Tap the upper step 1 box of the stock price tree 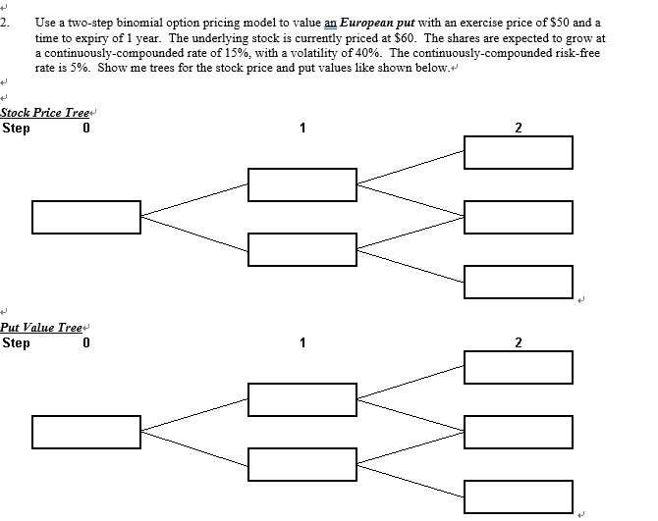pos(302,184)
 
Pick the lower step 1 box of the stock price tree pos(302,249)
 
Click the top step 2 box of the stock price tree pos(518,152)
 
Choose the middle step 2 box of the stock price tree pos(518,217)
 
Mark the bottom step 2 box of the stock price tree pos(518,282)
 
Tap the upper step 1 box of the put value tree pos(302,398)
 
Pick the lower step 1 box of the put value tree pos(302,463)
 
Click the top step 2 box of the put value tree pos(518,366)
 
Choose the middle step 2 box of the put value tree pos(518,431)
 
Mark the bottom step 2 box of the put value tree pos(518,495)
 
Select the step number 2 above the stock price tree pos(518,128)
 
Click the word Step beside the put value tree pos(17,342)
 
